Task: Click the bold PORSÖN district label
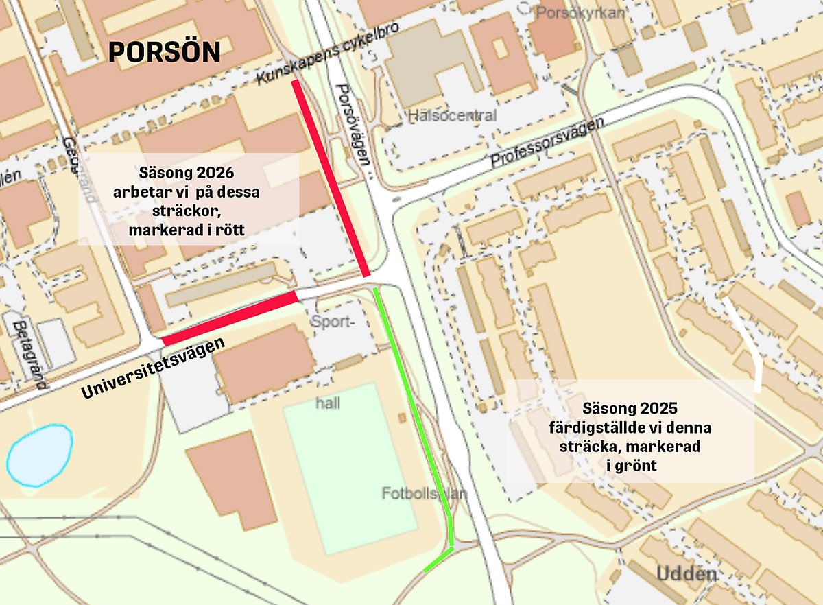point(165,53)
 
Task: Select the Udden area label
point(687,574)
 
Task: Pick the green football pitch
point(350,466)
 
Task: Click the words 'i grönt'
point(632,466)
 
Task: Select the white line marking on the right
point(748,343)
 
